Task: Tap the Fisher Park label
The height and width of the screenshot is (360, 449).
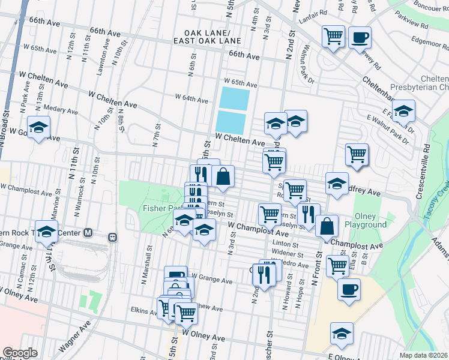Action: pyautogui.click(x=157, y=208)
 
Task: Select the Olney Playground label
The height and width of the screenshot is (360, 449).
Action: pyautogui.click(x=366, y=221)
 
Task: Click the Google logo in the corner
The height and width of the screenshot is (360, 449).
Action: pyautogui.click(x=20, y=353)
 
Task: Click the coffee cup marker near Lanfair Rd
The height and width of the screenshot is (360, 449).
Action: pyautogui.click(x=360, y=38)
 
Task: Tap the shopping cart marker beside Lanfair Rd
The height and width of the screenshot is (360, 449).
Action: pyautogui.click(x=333, y=36)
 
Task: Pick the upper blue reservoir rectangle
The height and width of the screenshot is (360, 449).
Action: pyautogui.click(x=234, y=98)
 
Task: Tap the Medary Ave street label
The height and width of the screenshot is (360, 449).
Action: pyautogui.click(x=61, y=110)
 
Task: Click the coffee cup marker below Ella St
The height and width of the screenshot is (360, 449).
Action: pyautogui.click(x=349, y=290)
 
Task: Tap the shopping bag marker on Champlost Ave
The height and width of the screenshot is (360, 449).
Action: pyautogui.click(x=327, y=226)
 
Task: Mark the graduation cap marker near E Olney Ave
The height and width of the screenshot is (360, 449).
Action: pyautogui.click(x=342, y=334)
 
